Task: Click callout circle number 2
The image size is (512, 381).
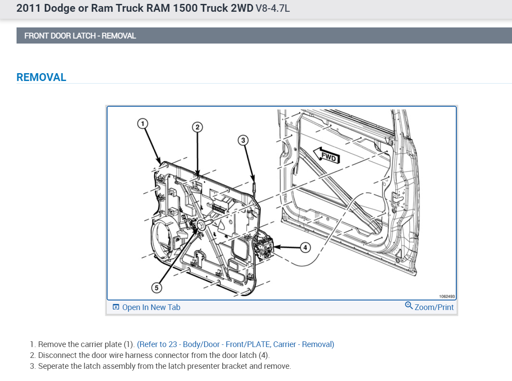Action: click(x=197, y=127)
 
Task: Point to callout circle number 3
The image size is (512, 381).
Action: click(x=243, y=140)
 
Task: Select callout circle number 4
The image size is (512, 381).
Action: click(x=305, y=247)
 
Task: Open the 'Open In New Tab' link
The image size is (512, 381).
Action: click(x=151, y=307)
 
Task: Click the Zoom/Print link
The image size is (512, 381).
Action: click(x=434, y=307)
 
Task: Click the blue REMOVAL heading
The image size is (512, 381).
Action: click(x=41, y=78)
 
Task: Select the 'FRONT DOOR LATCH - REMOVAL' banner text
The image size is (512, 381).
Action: click(x=80, y=36)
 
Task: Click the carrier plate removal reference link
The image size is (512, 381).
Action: click(x=236, y=344)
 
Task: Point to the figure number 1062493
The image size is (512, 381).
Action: click(x=447, y=297)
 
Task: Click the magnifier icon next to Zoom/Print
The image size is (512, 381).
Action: click(x=409, y=306)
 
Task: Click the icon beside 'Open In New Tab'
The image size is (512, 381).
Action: click(x=116, y=307)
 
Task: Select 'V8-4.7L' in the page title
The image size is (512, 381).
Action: click(x=272, y=9)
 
